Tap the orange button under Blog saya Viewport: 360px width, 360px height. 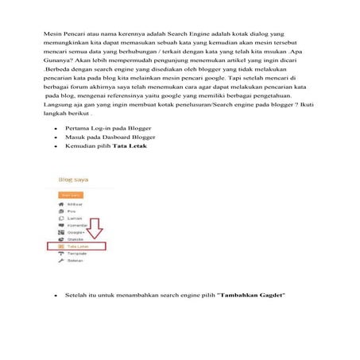pos(71,193)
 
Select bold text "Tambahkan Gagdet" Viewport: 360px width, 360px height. pos(251,295)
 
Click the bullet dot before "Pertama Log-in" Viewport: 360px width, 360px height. pos(55,128)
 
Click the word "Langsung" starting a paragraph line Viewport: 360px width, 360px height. pos(57,103)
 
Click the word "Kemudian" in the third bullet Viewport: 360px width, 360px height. pos(83,146)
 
